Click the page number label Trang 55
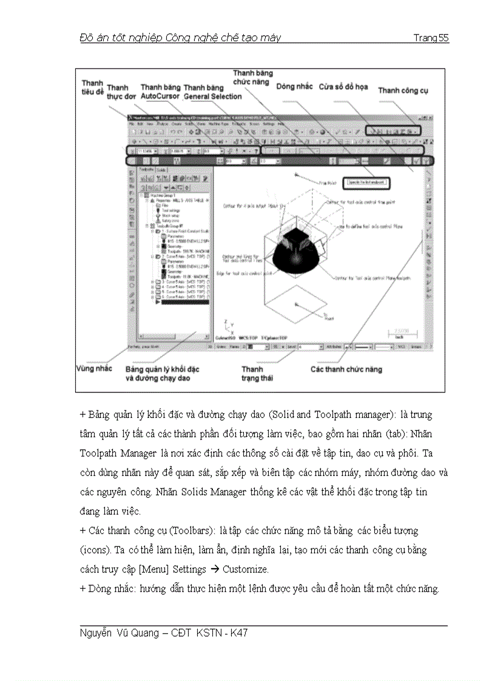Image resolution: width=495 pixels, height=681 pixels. tap(431, 38)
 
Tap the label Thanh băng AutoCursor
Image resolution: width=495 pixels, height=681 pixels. tap(160, 92)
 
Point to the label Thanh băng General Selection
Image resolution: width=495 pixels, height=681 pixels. tap(212, 92)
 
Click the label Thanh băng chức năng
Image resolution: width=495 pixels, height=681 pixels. tap(253, 78)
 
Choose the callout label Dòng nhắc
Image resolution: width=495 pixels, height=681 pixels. tap(294, 87)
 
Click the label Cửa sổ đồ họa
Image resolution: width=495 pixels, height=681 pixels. tap(343, 87)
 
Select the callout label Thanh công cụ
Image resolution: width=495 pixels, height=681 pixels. tap(403, 90)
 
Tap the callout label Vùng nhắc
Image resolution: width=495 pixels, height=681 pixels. tap(94, 369)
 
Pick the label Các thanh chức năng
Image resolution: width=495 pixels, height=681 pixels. tap(346, 369)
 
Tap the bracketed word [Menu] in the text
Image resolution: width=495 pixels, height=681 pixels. tap(153, 569)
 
